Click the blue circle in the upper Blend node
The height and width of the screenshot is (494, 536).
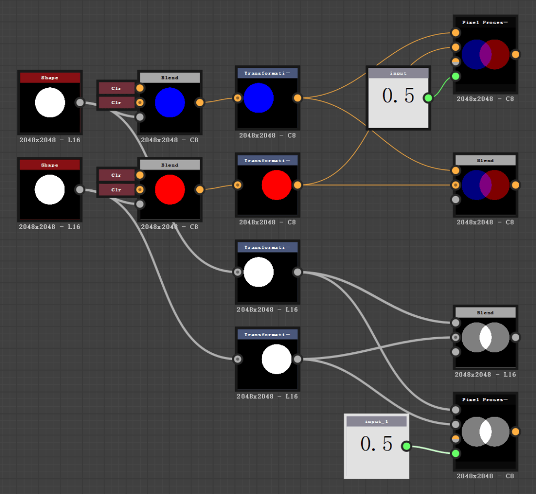point(170,102)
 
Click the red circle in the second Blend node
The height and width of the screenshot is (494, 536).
point(170,190)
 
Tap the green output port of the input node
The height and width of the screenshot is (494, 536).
point(428,98)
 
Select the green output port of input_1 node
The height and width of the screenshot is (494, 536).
point(406,446)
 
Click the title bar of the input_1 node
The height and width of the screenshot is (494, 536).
point(376,421)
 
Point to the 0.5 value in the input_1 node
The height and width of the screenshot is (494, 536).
point(376,444)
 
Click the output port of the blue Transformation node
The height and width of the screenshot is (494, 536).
point(297,98)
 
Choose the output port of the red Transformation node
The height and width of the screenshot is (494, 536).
point(297,185)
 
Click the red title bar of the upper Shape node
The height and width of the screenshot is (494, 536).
point(50,78)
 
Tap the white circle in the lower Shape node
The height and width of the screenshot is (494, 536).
point(50,189)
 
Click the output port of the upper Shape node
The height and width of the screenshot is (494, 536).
point(80,102)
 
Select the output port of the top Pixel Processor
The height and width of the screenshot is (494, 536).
point(515,54)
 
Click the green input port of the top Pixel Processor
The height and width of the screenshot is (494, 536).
point(456,76)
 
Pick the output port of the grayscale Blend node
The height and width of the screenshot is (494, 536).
point(515,337)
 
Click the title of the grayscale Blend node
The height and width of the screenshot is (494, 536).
point(485,313)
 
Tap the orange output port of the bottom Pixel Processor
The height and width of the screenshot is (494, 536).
point(515,432)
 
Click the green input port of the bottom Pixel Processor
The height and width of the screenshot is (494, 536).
point(456,453)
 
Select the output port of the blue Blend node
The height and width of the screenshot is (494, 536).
point(200,102)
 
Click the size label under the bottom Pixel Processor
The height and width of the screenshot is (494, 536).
point(485,476)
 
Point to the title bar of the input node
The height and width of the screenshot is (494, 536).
point(398,73)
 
